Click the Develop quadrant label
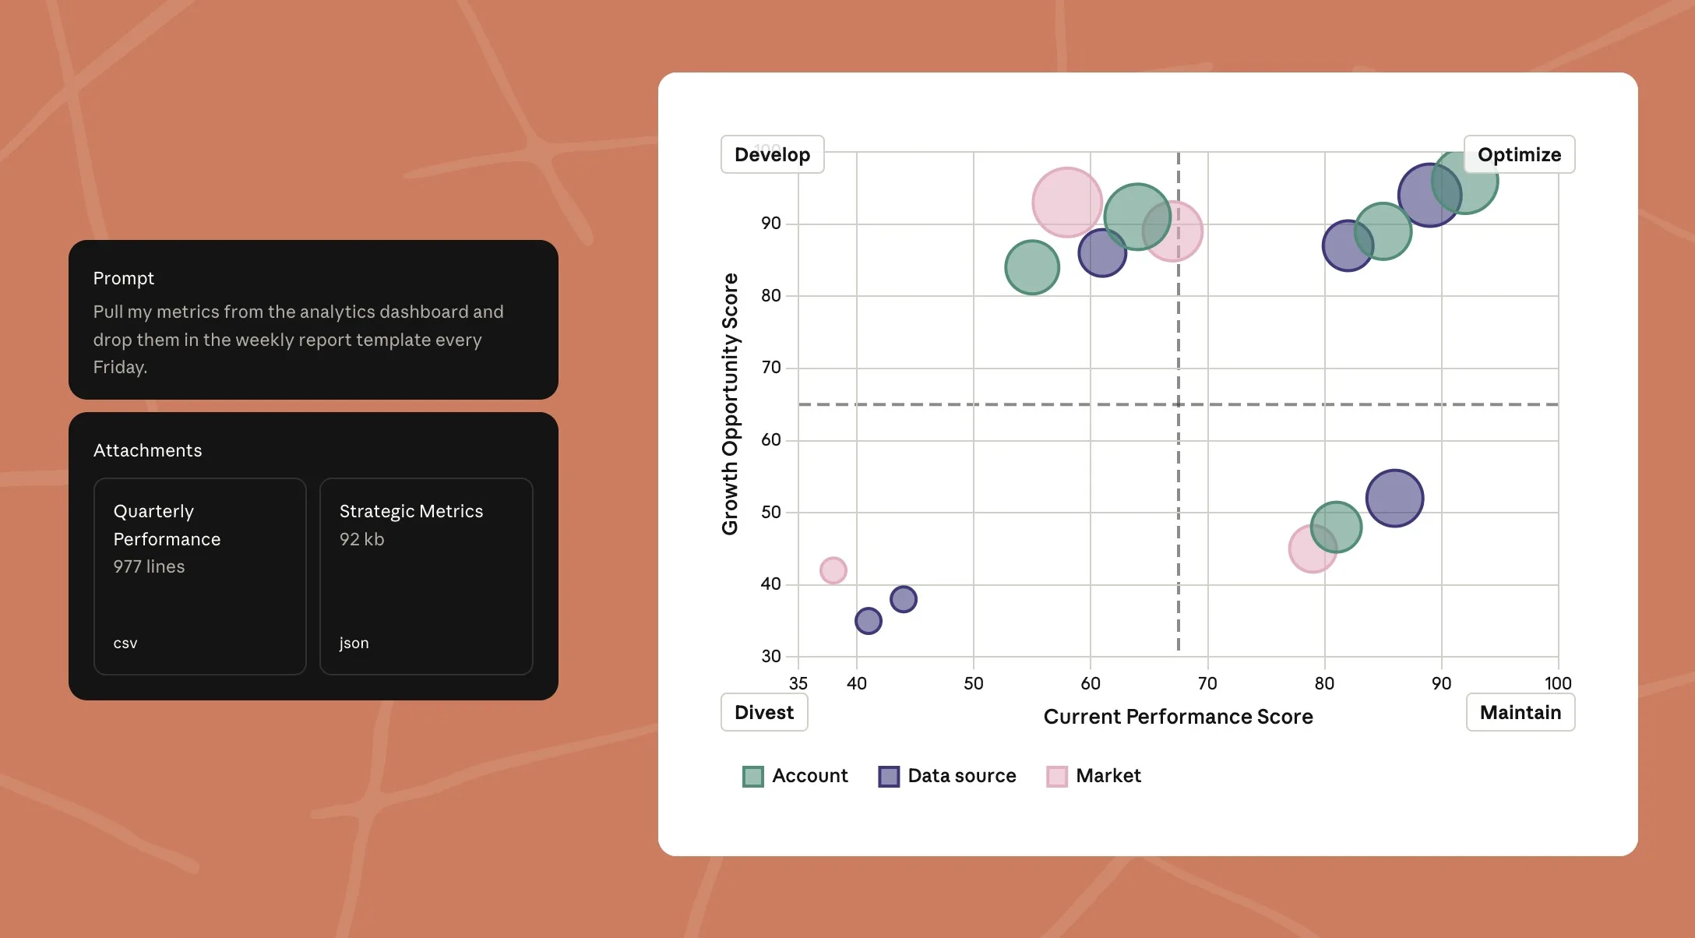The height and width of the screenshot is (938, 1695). point(772,154)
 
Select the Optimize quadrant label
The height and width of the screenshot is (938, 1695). point(1519,154)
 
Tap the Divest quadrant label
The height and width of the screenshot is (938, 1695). point(763,712)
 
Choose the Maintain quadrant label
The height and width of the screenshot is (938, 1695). point(1520,712)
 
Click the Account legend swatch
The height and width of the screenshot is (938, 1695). point(752,777)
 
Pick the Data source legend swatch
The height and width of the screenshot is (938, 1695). point(889,777)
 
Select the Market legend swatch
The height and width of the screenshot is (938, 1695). point(1056,777)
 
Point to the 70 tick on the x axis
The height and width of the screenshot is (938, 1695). point(1207,683)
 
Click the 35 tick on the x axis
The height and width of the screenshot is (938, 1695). point(798,683)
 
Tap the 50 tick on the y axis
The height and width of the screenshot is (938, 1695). point(770,512)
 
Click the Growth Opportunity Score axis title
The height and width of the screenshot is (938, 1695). point(730,404)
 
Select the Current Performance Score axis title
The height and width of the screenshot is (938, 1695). point(1178,717)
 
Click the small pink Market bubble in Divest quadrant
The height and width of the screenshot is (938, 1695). point(833,570)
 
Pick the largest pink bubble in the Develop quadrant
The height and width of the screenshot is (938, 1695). point(1066,203)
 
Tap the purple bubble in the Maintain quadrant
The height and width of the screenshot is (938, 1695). point(1394,499)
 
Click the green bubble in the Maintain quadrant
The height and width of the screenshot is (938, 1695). point(1336,527)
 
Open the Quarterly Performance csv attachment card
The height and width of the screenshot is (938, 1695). point(200,576)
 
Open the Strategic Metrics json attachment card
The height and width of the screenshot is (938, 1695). point(426,576)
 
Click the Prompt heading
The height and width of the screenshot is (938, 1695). point(123,278)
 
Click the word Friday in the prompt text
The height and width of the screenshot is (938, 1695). point(119,367)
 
